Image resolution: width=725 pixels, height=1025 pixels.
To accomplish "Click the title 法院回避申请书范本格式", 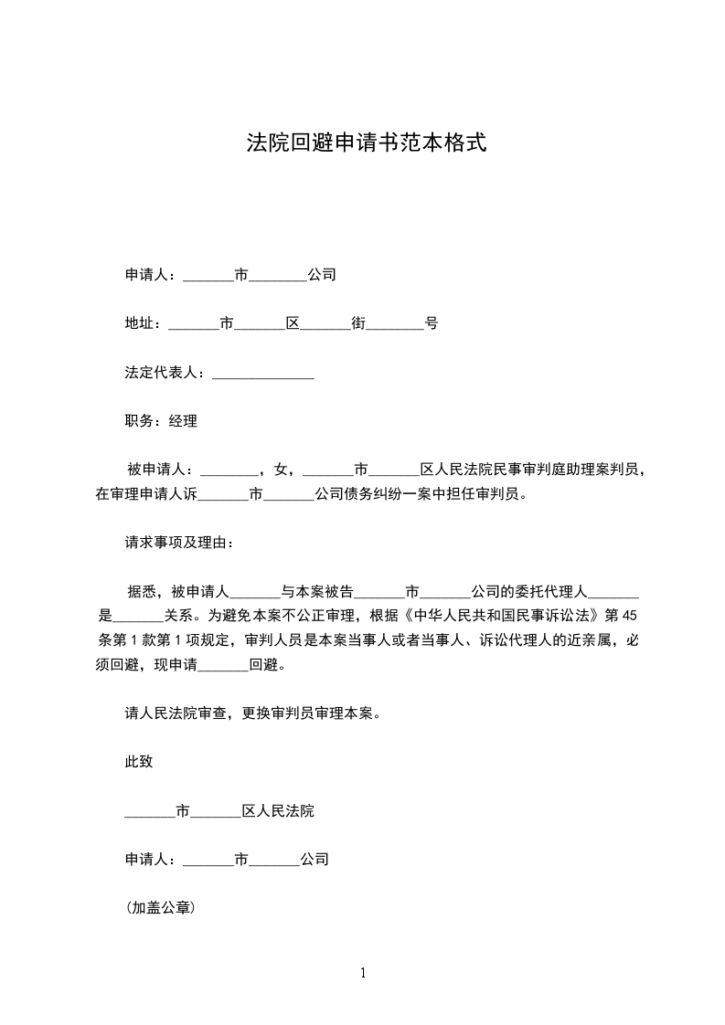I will click(362, 143).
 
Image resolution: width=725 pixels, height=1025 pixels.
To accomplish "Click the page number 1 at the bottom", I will click(363, 973).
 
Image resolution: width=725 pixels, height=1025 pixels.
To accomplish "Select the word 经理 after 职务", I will click(183, 422).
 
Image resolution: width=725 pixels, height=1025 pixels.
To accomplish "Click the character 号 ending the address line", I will click(432, 323).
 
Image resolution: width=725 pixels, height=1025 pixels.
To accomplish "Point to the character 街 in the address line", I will click(358, 323).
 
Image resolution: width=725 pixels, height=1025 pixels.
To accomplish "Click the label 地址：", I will click(146, 323).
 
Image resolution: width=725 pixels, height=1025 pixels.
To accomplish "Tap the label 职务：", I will click(146, 422).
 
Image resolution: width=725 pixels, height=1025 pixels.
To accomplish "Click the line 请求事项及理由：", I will click(179, 544).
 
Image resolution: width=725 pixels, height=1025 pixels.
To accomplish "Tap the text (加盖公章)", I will click(163, 909).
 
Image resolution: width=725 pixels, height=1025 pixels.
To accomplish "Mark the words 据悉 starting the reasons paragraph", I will click(140, 592).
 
